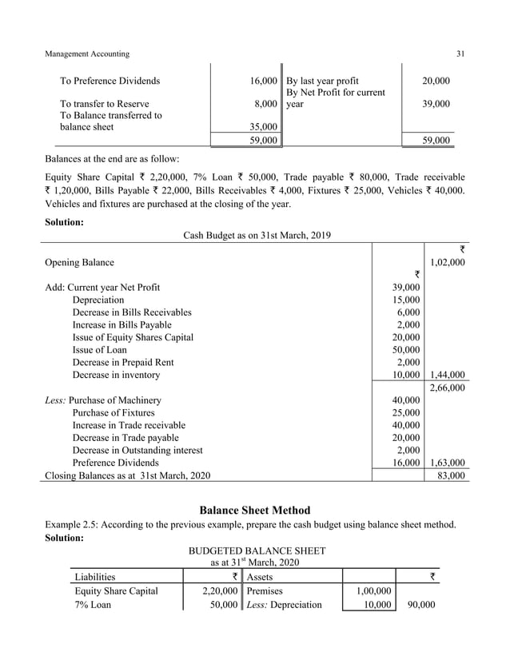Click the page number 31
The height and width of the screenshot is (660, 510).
click(x=460, y=54)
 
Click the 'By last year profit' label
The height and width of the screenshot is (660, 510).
click(x=322, y=81)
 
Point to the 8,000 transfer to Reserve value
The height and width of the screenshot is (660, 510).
click(x=266, y=104)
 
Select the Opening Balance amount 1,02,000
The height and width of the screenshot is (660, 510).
click(x=447, y=262)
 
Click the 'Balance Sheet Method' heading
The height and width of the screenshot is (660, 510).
click(x=254, y=510)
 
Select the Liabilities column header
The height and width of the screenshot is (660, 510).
click(x=94, y=576)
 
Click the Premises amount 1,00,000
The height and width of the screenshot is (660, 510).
click(x=371, y=590)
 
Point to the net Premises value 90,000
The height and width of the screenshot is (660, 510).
click(x=420, y=605)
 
